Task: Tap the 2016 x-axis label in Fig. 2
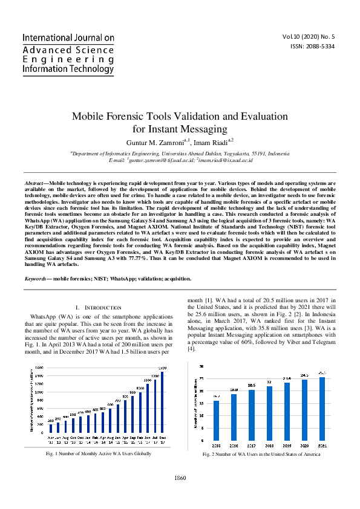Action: tap(234, 445)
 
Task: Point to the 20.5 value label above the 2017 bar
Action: tap(252, 385)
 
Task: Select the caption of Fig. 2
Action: tap(262, 453)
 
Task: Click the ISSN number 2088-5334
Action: tap(317, 47)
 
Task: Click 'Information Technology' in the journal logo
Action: tap(68, 70)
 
